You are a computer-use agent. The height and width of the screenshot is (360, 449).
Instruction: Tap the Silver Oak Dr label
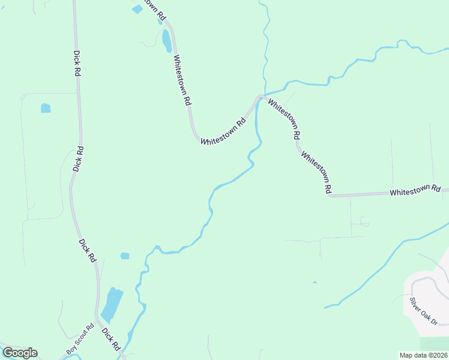click(x=424, y=310)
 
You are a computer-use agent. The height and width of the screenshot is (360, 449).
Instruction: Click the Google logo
click(x=20, y=353)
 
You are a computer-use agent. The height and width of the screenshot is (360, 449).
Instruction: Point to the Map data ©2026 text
click(x=423, y=355)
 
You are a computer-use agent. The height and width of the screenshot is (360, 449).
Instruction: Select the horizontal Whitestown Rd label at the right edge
click(x=415, y=191)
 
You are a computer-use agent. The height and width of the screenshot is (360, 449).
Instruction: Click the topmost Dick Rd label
click(x=77, y=62)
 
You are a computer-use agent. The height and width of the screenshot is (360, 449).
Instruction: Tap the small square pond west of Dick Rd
click(x=46, y=109)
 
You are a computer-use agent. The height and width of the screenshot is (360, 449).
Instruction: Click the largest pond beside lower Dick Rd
click(x=112, y=304)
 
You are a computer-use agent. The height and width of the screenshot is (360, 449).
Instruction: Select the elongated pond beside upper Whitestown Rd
click(x=166, y=40)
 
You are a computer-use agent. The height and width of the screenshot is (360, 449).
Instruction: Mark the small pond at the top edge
click(x=137, y=9)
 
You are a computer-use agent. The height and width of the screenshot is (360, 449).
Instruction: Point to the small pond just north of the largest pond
click(x=125, y=256)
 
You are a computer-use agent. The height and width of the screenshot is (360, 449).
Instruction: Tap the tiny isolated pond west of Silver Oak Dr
click(x=313, y=282)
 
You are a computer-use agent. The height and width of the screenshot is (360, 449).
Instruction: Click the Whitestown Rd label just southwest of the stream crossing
click(x=223, y=131)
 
